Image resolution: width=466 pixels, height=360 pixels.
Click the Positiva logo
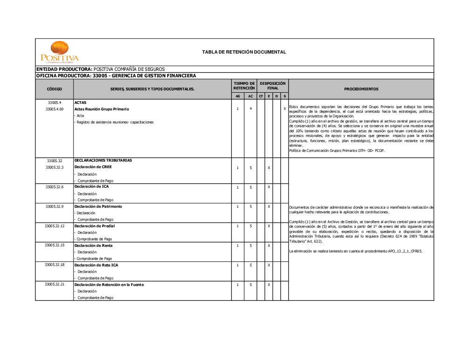click(60, 52)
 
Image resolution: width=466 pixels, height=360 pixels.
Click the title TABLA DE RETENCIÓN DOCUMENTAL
click(244, 52)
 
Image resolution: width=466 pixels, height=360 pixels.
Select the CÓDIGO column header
click(54, 89)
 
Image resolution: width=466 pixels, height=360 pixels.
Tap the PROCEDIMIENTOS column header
click(361, 89)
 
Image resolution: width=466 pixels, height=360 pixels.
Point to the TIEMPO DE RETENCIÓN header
click(244, 86)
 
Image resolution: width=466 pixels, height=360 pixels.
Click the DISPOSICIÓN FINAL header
click(273, 86)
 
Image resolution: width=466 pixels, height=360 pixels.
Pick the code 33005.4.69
click(55, 109)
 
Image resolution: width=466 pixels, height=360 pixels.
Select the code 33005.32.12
click(55, 226)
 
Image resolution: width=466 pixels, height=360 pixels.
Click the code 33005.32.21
click(55, 284)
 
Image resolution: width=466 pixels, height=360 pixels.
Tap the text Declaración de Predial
click(95, 226)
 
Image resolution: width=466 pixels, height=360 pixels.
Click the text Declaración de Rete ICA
click(96, 265)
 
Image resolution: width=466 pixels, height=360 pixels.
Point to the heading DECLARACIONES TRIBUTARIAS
click(103, 160)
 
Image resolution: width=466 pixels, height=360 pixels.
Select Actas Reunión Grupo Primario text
click(102, 109)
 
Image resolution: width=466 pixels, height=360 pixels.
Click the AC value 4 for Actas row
click(251, 109)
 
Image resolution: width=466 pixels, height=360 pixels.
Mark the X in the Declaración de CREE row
click(269, 168)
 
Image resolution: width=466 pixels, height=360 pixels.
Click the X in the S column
click(285, 109)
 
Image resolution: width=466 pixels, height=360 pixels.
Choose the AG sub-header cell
click(238, 96)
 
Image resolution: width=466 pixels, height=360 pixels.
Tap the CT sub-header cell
click(261, 96)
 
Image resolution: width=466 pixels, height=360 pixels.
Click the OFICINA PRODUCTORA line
click(116, 75)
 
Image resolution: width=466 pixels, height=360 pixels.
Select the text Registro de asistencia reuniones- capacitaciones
click(115, 122)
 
